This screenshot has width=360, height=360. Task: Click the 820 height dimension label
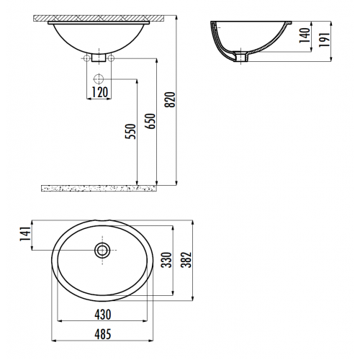[171, 99]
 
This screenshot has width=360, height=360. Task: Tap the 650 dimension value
[151, 121]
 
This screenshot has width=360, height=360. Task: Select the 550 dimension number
[130, 131]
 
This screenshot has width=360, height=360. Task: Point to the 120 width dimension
[100, 92]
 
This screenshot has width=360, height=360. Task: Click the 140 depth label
[305, 35]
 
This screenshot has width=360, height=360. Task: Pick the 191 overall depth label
[325, 40]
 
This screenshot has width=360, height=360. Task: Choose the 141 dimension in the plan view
[25, 234]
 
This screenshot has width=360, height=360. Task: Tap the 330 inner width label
[166, 260]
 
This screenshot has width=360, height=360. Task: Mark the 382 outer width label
[186, 260]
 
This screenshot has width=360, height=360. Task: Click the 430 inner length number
[103, 315]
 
